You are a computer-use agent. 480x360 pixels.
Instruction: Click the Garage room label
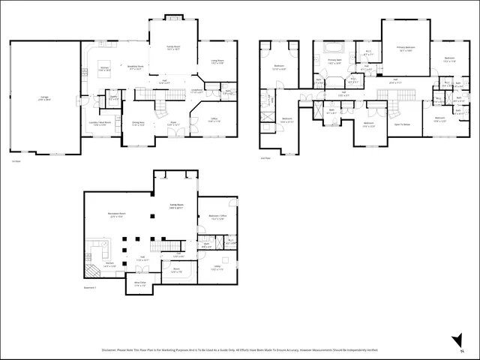pos(46,98)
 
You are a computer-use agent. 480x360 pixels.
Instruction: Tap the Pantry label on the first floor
pos(113,97)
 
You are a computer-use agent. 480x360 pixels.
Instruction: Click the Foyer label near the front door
pos(172,124)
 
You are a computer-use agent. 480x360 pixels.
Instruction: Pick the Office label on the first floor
pos(214,119)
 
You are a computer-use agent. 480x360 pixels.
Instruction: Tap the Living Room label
pos(218,63)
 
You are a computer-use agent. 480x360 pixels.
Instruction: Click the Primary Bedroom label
pos(406,49)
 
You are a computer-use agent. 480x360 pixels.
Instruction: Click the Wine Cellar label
pos(140,284)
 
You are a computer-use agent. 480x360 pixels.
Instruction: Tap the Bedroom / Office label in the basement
pos(218,219)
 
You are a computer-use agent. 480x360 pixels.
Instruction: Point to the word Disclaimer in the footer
pos(110,349)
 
